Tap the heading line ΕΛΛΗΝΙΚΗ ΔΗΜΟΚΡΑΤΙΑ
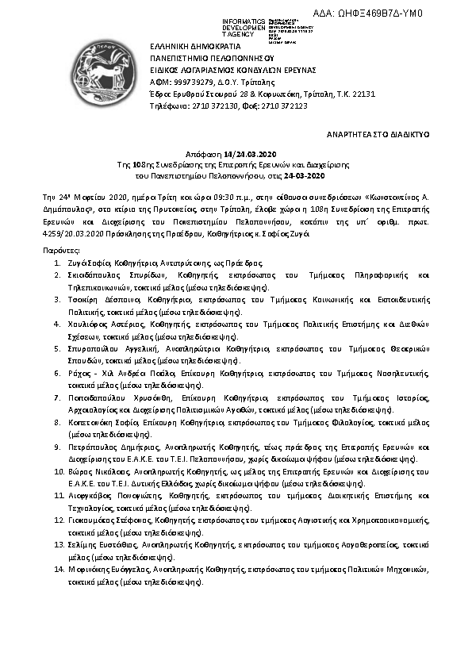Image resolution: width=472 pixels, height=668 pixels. click(x=190, y=47)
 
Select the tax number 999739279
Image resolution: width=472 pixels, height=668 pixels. click(x=187, y=81)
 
